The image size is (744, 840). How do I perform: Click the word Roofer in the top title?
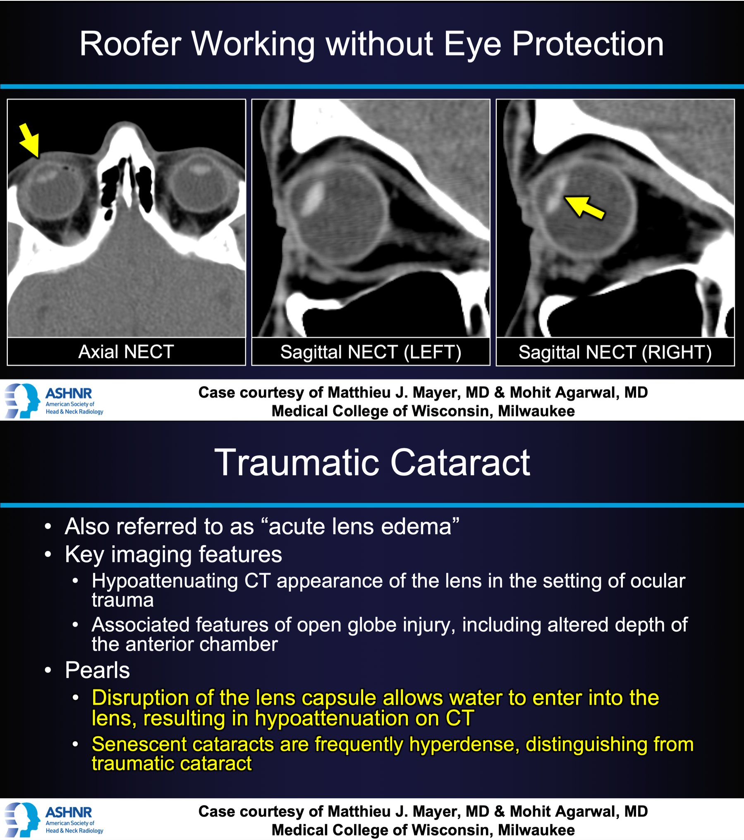point(131,44)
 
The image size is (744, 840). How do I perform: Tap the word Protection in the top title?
point(588,44)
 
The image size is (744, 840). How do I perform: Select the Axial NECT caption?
point(126,352)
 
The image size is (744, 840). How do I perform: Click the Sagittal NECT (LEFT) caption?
point(371,352)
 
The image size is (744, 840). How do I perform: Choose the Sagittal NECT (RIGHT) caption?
point(615,352)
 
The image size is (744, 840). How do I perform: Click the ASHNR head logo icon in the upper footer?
point(22,400)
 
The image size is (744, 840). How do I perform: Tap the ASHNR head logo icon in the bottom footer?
point(22,819)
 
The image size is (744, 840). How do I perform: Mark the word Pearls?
point(97,670)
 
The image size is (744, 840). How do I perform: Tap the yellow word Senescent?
point(139,744)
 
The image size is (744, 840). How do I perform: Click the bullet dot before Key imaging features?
point(48,555)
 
